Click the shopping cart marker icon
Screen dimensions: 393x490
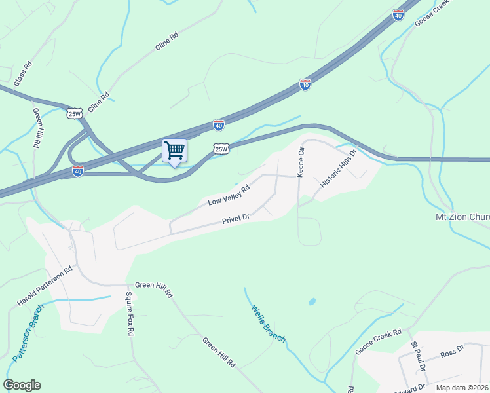[174, 151]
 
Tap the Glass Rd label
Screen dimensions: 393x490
[23, 74]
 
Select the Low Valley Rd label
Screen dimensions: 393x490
[229, 195]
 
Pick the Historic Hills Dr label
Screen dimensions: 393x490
[338, 169]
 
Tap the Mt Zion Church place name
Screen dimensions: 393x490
[462, 217]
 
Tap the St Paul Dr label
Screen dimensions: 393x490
[418, 356]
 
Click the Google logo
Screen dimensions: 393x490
[22, 385]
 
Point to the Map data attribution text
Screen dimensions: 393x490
[462, 388]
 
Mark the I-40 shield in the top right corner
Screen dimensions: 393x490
[398, 15]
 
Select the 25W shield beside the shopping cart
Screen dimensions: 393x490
[221, 149]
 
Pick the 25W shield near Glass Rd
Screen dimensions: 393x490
[75, 113]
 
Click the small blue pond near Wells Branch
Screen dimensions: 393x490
[312, 302]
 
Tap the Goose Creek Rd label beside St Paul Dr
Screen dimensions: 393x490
[378, 342]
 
